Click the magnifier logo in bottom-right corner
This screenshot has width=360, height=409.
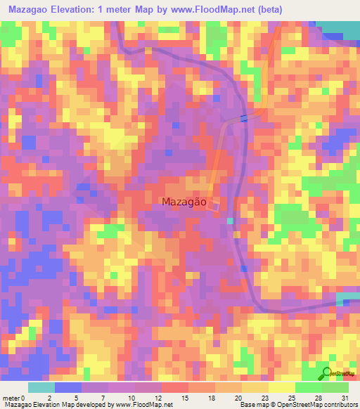(328, 373)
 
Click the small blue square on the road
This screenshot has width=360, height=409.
(244, 118)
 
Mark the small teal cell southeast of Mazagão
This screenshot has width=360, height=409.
(230, 221)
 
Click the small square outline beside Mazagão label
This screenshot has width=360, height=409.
(216, 204)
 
